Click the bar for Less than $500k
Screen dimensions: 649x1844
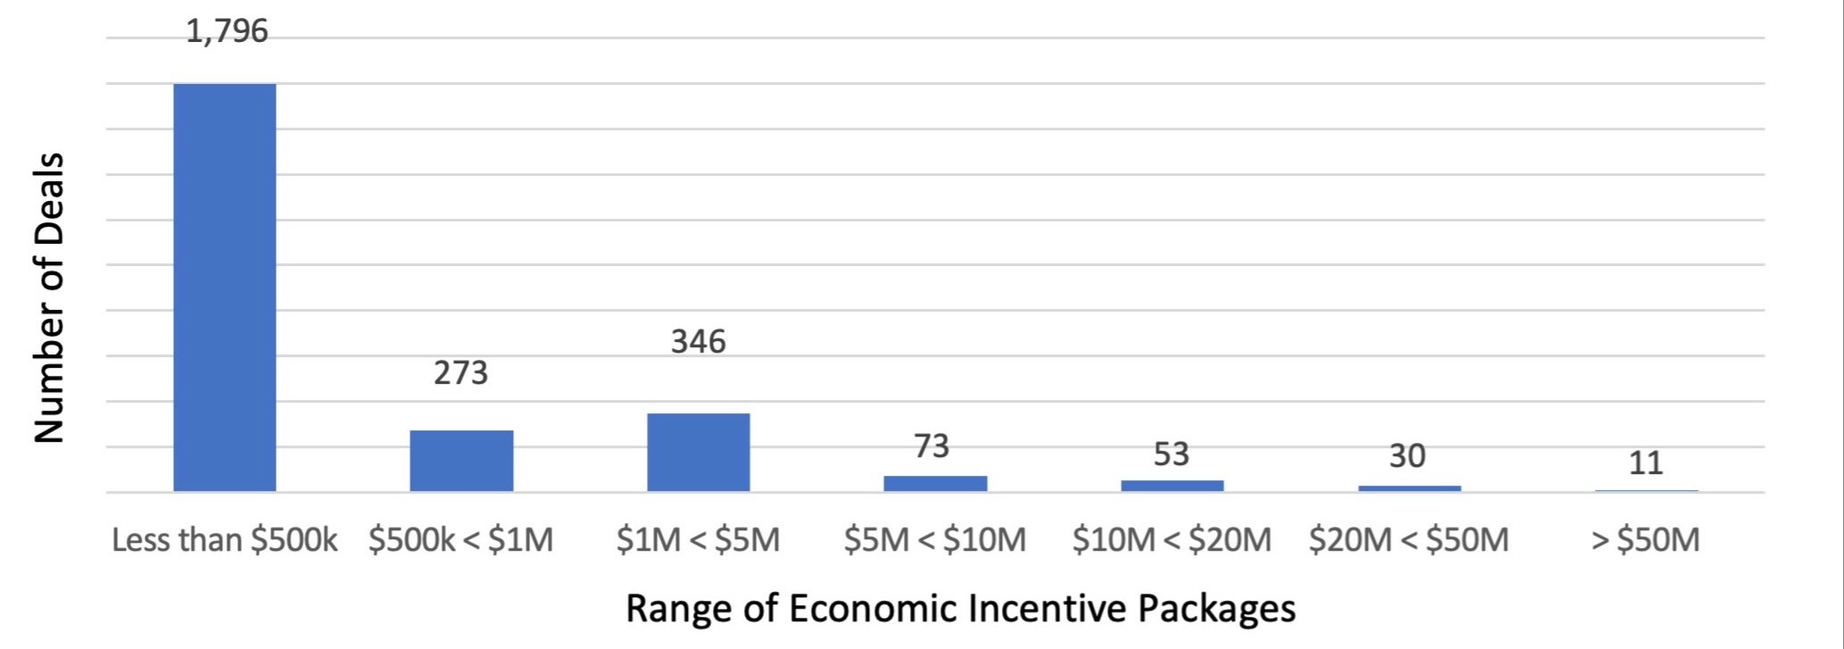pos(225,287)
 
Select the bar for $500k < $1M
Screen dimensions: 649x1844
pos(461,461)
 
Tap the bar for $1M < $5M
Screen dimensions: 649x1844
pos(699,453)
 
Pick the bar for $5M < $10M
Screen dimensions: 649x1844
pos(935,484)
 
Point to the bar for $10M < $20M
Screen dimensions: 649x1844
pos(1172,486)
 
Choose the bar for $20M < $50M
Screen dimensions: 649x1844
pos(1410,488)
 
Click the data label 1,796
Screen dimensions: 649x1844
pos(227,31)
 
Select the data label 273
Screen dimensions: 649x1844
pos(461,372)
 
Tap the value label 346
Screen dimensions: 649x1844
pos(699,341)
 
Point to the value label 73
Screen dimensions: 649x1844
pos(932,445)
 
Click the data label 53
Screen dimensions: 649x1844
pos(1171,454)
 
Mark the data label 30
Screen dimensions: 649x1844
pos(1408,456)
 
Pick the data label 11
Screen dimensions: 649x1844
pos(1646,463)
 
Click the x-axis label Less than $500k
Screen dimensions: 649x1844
pos(225,540)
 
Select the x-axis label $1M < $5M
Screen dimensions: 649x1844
pos(699,540)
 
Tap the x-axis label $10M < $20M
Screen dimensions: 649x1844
pos(1172,540)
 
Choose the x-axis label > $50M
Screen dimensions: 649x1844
pos(1646,540)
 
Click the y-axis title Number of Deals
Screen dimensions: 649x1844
pos(49,297)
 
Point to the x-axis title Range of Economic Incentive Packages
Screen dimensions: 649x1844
pos(961,609)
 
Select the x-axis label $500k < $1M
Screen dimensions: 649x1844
pos(461,540)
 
